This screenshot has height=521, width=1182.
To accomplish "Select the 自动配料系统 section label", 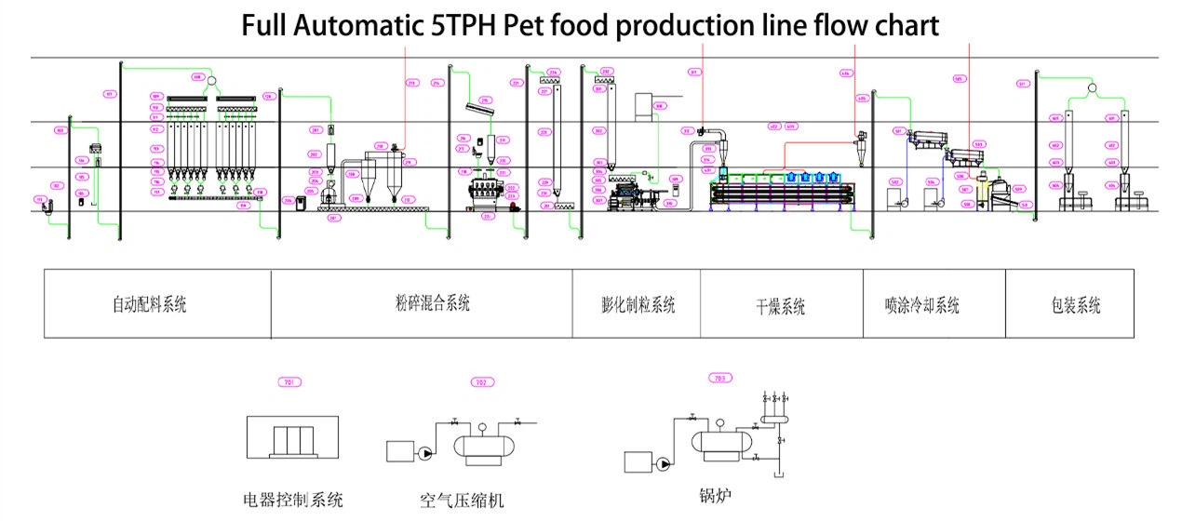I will (149, 304).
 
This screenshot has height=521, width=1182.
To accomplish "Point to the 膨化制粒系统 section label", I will (638, 304).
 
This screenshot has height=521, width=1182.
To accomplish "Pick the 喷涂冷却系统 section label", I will (921, 305).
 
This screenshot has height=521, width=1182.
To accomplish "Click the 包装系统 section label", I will (1069, 304).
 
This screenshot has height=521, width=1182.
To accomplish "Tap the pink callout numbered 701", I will (291, 382).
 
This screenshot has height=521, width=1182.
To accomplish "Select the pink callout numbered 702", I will (480, 382).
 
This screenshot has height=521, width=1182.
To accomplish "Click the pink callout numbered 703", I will (719, 378).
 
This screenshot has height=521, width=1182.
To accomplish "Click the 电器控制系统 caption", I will (292, 501).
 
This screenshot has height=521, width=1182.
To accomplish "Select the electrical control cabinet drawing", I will (292, 438).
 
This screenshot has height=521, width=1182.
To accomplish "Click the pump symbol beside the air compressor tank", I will (425, 453).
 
